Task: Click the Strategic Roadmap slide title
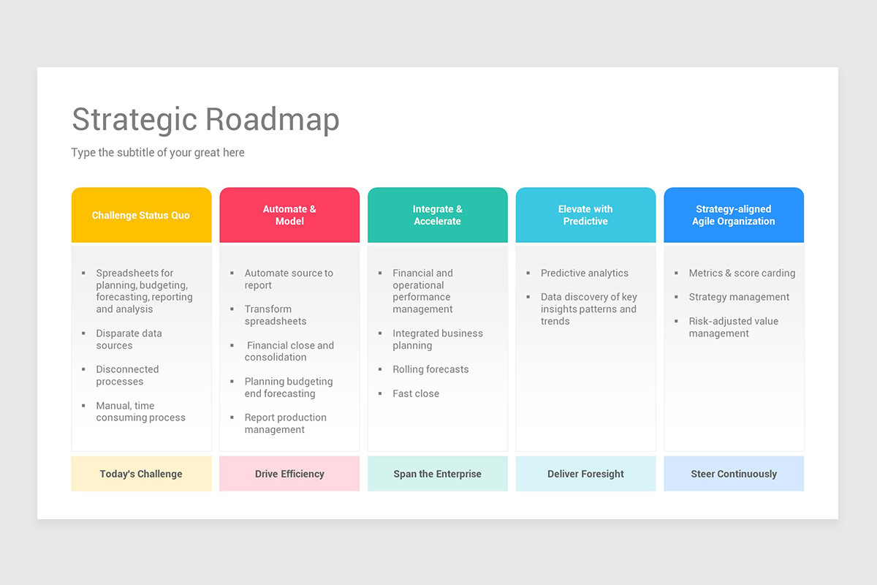tap(205, 120)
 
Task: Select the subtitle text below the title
tap(158, 153)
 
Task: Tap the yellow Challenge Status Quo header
tap(141, 215)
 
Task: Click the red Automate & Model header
tap(289, 215)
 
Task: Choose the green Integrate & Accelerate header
tap(438, 215)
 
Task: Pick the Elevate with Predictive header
tap(585, 215)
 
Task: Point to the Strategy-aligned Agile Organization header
tap(734, 215)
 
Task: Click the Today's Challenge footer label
tap(141, 474)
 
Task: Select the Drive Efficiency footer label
tap(289, 474)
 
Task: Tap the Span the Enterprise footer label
tap(438, 474)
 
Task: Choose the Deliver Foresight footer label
tap(585, 474)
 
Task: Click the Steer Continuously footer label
tap(734, 474)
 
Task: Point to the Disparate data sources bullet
tap(129, 339)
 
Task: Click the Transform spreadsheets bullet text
tap(276, 315)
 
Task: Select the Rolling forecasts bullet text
tap(430, 369)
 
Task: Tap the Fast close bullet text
tap(416, 393)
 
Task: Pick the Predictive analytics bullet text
tap(584, 273)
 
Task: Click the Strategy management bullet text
tap(739, 297)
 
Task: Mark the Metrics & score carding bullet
tap(742, 273)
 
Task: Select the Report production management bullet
tap(285, 423)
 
